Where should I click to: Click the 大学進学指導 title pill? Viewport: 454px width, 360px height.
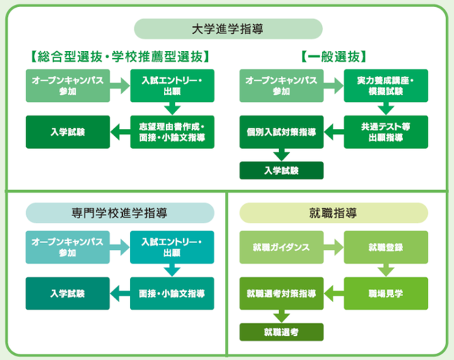click(228, 29)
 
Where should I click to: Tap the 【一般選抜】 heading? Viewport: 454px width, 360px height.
click(333, 57)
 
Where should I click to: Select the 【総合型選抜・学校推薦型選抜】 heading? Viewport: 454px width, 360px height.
click(120, 57)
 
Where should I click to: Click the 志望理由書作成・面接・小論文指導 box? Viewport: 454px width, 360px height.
click(172, 132)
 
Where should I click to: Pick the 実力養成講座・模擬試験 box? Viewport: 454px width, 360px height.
click(386, 86)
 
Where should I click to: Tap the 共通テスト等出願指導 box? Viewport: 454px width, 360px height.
click(386, 132)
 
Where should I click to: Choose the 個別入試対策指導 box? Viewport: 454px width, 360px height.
click(282, 132)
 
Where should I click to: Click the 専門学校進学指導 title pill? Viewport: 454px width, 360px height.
click(120, 213)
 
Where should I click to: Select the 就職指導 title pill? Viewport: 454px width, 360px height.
click(333, 213)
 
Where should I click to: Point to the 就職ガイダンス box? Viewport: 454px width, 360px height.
click(282, 247)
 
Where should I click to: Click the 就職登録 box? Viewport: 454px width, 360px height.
click(386, 247)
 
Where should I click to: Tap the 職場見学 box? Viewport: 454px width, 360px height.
click(386, 293)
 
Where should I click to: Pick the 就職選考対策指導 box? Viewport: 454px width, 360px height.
click(282, 293)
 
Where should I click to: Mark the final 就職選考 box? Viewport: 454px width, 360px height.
click(282, 332)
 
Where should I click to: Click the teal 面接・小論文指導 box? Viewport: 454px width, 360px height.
click(172, 293)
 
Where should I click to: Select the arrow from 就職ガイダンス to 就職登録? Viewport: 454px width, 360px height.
click(333, 247)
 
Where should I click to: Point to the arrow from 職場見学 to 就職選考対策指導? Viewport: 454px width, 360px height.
click(334, 293)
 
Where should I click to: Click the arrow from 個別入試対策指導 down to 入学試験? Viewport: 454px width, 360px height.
click(282, 154)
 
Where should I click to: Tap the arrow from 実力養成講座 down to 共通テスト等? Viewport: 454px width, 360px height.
click(386, 108)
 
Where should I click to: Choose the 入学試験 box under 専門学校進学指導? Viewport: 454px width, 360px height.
click(68, 293)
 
